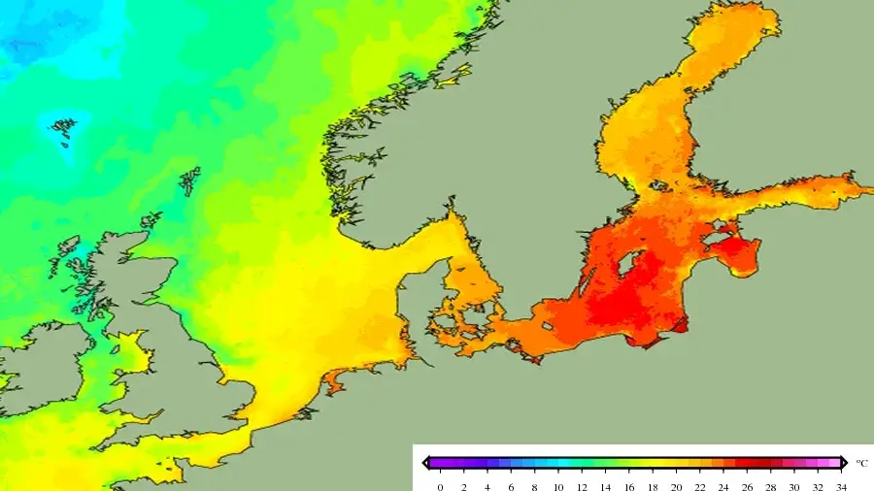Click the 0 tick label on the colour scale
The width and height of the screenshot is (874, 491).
point(440,485)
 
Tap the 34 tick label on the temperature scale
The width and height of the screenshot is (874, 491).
point(840,485)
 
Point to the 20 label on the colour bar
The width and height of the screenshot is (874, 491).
point(676,485)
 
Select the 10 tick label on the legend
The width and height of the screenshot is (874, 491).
point(558,485)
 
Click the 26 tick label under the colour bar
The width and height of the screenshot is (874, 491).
point(747,485)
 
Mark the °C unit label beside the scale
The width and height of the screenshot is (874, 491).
point(861,463)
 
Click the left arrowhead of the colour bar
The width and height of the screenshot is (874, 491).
point(426,463)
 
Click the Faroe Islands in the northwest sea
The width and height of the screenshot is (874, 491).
point(63,130)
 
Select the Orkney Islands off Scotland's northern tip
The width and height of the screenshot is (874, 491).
point(151,221)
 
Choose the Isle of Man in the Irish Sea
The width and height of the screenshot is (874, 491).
point(114,344)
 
